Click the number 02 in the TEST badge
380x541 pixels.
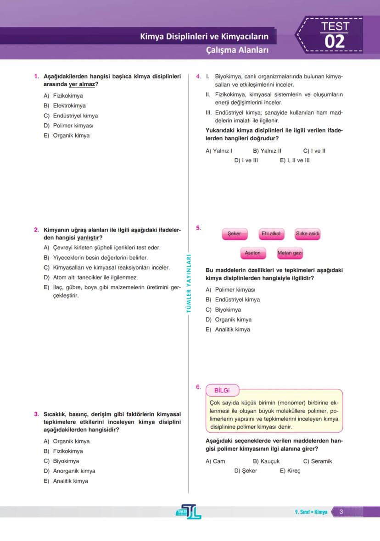[x=334, y=41]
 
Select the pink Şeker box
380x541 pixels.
[x=234, y=234]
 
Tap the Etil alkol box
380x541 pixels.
[x=271, y=234]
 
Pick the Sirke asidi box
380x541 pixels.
[x=307, y=234]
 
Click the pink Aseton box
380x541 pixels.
[x=252, y=253]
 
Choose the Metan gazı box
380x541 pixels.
[x=290, y=253]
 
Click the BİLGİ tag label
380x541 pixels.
[x=222, y=390]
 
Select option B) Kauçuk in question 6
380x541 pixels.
[x=266, y=461]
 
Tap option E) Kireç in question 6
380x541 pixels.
[x=290, y=471]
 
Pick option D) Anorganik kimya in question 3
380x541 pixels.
[x=69, y=471]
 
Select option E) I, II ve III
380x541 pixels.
[x=295, y=160]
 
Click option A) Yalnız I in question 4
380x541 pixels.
[x=219, y=151]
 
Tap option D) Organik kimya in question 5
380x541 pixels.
[x=229, y=320]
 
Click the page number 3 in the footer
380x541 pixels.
[x=341, y=512]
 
